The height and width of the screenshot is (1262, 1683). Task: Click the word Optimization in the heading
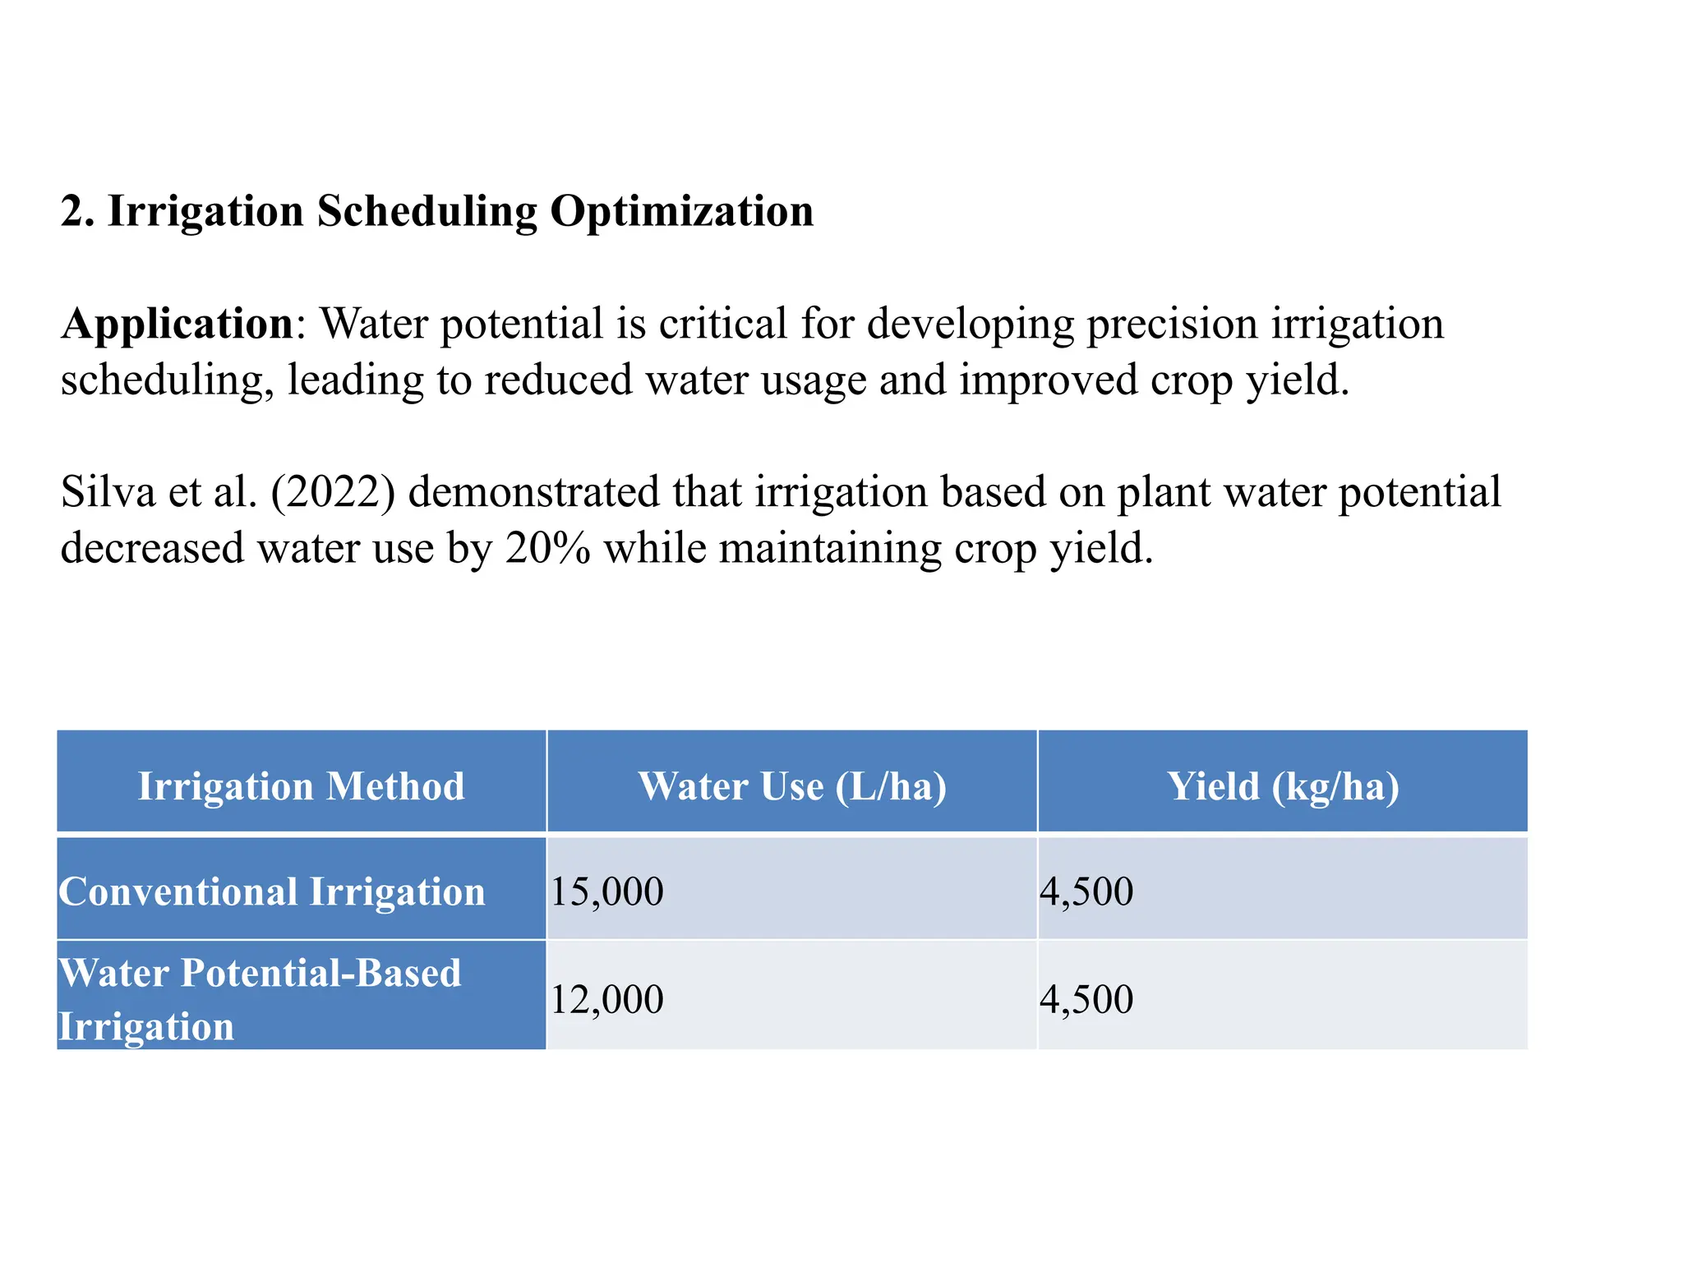[681, 212]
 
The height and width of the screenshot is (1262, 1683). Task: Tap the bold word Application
[178, 324]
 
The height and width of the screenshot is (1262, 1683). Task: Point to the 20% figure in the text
[547, 548]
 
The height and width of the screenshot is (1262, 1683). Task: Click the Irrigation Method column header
[301, 785]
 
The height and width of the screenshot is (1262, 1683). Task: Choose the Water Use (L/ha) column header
[792, 785]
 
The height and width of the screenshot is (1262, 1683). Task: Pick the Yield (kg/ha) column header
[1283, 785]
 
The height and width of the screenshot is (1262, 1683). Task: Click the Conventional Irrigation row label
[272, 891]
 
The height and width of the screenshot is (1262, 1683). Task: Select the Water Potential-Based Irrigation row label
[260, 998]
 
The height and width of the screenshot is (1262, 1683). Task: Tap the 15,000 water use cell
[606, 891]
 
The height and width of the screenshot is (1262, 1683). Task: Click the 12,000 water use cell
[606, 1000]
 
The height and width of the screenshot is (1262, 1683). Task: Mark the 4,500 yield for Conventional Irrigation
[1086, 891]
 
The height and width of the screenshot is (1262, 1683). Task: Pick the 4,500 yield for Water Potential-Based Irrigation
[1086, 1000]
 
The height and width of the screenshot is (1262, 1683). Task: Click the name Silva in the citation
[108, 492]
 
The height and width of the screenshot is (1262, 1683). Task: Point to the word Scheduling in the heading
[427, 212]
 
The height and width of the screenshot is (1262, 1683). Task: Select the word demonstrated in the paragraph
[533, 492]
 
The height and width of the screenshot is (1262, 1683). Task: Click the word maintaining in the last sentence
[830, 548]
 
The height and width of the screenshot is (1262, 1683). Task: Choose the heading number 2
[76, 212]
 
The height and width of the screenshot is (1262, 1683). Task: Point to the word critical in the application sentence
[722, 324]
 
